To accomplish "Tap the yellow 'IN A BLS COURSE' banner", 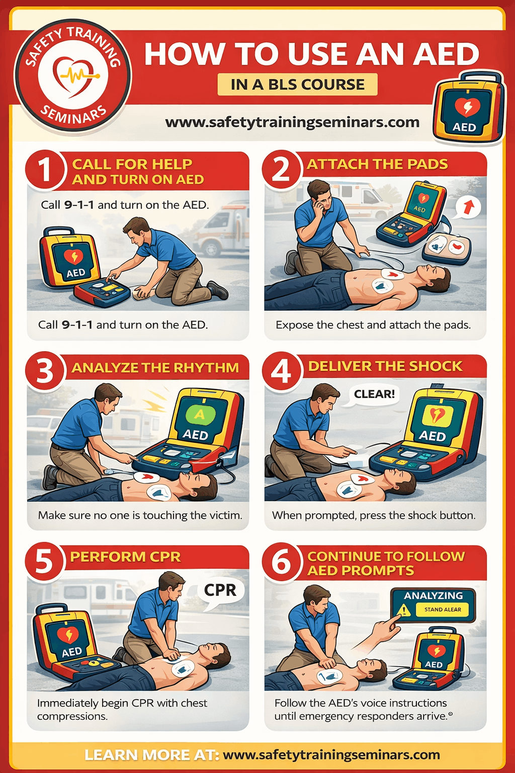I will tap(297, 85).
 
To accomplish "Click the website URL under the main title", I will tap(292, 122).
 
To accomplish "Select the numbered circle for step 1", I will tap(45, 170).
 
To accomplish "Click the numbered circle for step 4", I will tap(281, 372).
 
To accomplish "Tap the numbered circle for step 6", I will tap(281, 562).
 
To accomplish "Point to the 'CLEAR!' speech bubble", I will tap(374, 394).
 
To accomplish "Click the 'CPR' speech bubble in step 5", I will tap(220, 590).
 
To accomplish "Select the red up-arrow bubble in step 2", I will tap(468, 207).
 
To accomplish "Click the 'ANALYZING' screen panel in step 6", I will tap(433, 604).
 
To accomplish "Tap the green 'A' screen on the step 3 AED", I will tap(200, 415).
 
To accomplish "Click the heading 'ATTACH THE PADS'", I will tap(377, 165).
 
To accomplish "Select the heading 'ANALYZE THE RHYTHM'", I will tap(155, 368).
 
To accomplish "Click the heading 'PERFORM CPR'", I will tap(125, 557).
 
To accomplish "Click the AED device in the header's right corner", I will tap(468, 109).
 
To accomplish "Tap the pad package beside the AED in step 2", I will tap(447, 249).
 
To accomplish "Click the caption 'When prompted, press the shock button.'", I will tap(374, 515).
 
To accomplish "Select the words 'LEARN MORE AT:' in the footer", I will tap(151, 755).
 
